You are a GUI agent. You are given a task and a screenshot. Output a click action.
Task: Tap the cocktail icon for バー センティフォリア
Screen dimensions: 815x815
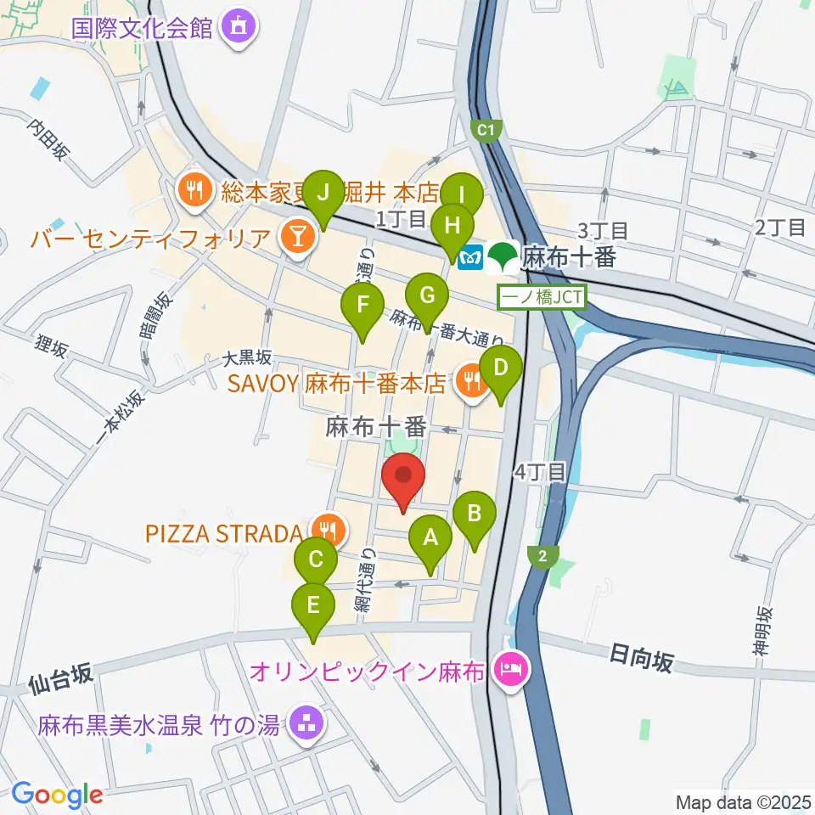[x=297, y=236]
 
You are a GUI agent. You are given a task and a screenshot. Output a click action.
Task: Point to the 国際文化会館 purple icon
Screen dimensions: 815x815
[x=234, y=28]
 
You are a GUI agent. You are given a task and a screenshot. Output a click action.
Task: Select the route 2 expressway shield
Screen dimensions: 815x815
[x=541, y=556]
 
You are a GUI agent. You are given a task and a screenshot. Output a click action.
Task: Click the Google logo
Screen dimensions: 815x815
[x=58, y=795]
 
